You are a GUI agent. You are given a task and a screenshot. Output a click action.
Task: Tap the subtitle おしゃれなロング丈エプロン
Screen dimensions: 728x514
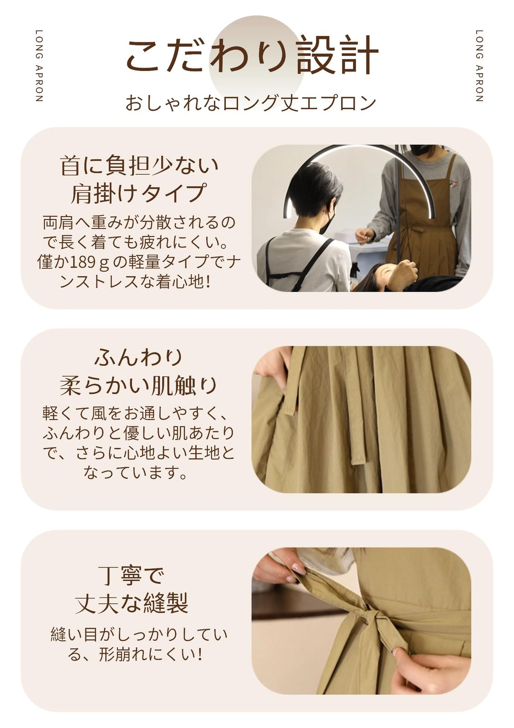tap(250, 103)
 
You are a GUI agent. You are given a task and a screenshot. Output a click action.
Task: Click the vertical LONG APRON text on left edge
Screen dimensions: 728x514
tap(39, 66)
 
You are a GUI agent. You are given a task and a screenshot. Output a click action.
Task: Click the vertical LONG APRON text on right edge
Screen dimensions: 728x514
tap(479, 66)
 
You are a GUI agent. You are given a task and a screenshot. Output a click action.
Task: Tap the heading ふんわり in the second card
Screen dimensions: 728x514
tap(138, 357)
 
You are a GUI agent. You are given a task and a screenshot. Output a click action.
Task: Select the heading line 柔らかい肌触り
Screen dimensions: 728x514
tap(138, 385)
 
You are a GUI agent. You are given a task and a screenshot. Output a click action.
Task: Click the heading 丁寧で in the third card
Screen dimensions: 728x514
tap(131, 576)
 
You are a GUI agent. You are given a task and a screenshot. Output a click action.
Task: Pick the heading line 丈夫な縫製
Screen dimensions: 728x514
tap(131, 604)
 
